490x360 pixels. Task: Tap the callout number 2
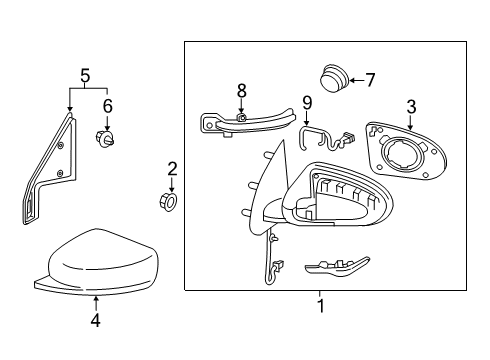click(x=172, y=169)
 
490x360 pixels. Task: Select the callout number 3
click(x=410, y=107)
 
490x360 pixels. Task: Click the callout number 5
click(x=86, y=74)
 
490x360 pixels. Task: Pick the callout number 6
click(x=108, y=104)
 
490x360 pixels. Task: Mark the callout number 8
click(x=241, y=91)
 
